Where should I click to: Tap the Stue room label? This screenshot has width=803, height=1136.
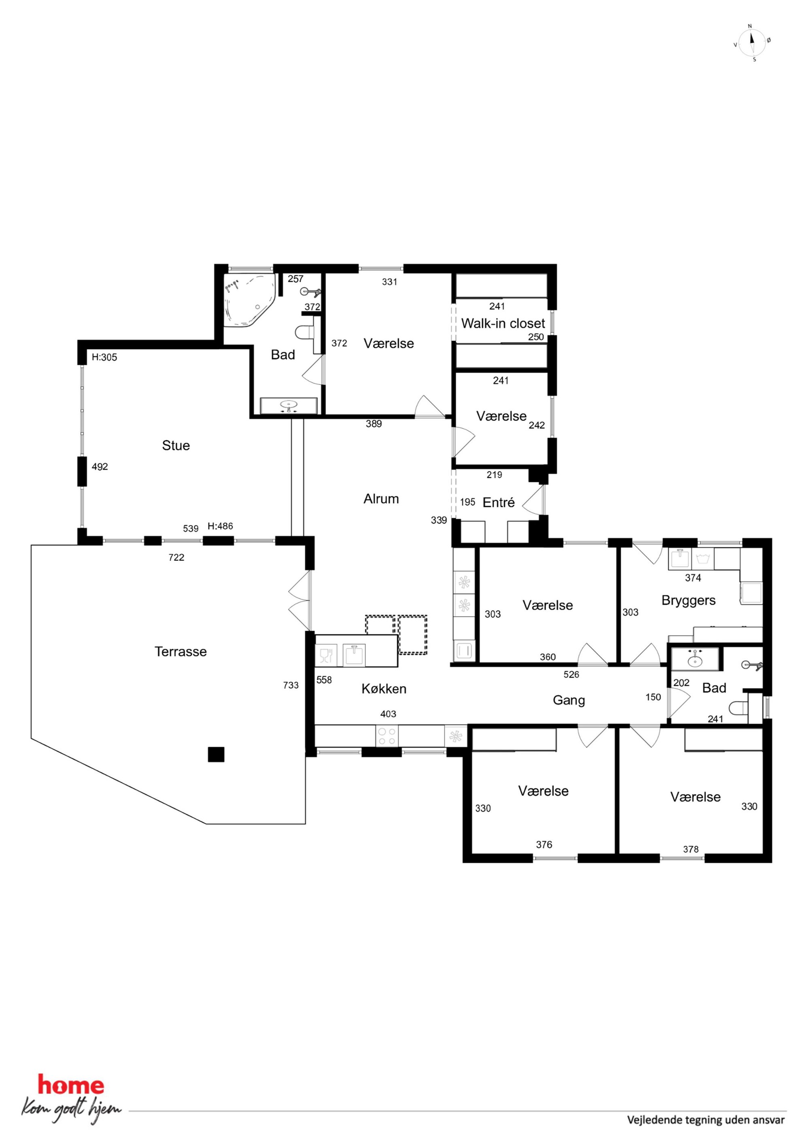point(176,445)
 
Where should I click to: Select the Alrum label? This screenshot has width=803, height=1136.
point(381,499)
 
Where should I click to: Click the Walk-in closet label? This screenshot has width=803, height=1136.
point(503,323)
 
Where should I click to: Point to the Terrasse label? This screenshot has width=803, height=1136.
point(181,652)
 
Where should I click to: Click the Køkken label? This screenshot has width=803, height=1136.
point(384,689)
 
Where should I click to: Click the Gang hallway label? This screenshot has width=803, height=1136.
point(569,700)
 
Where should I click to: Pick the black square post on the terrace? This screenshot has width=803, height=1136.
point(216,755)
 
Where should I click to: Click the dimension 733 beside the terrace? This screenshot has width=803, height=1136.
point(291,685)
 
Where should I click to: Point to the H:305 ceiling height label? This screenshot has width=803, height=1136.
point(104,357)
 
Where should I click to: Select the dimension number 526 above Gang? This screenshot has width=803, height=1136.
point(571,674)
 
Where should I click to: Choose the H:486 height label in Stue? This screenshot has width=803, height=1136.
point(220,526)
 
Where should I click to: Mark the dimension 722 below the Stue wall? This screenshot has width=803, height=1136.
point(176,557)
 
